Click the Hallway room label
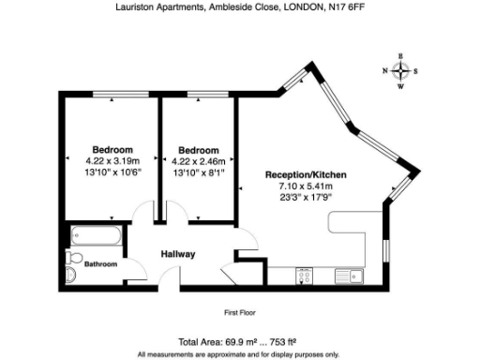pos(177,254)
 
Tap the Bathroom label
pos(101,264)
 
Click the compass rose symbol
pos(401,71)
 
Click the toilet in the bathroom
pos(74,273)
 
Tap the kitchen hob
pos(305,274)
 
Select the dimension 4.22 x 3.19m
pos(112,160)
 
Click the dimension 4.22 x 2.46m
pos(199,160)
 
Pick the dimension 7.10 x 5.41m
pos(301,186)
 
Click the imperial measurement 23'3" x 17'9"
pos(301,197)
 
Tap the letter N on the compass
pos(384,71)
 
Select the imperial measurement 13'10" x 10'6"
pos(112,172)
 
